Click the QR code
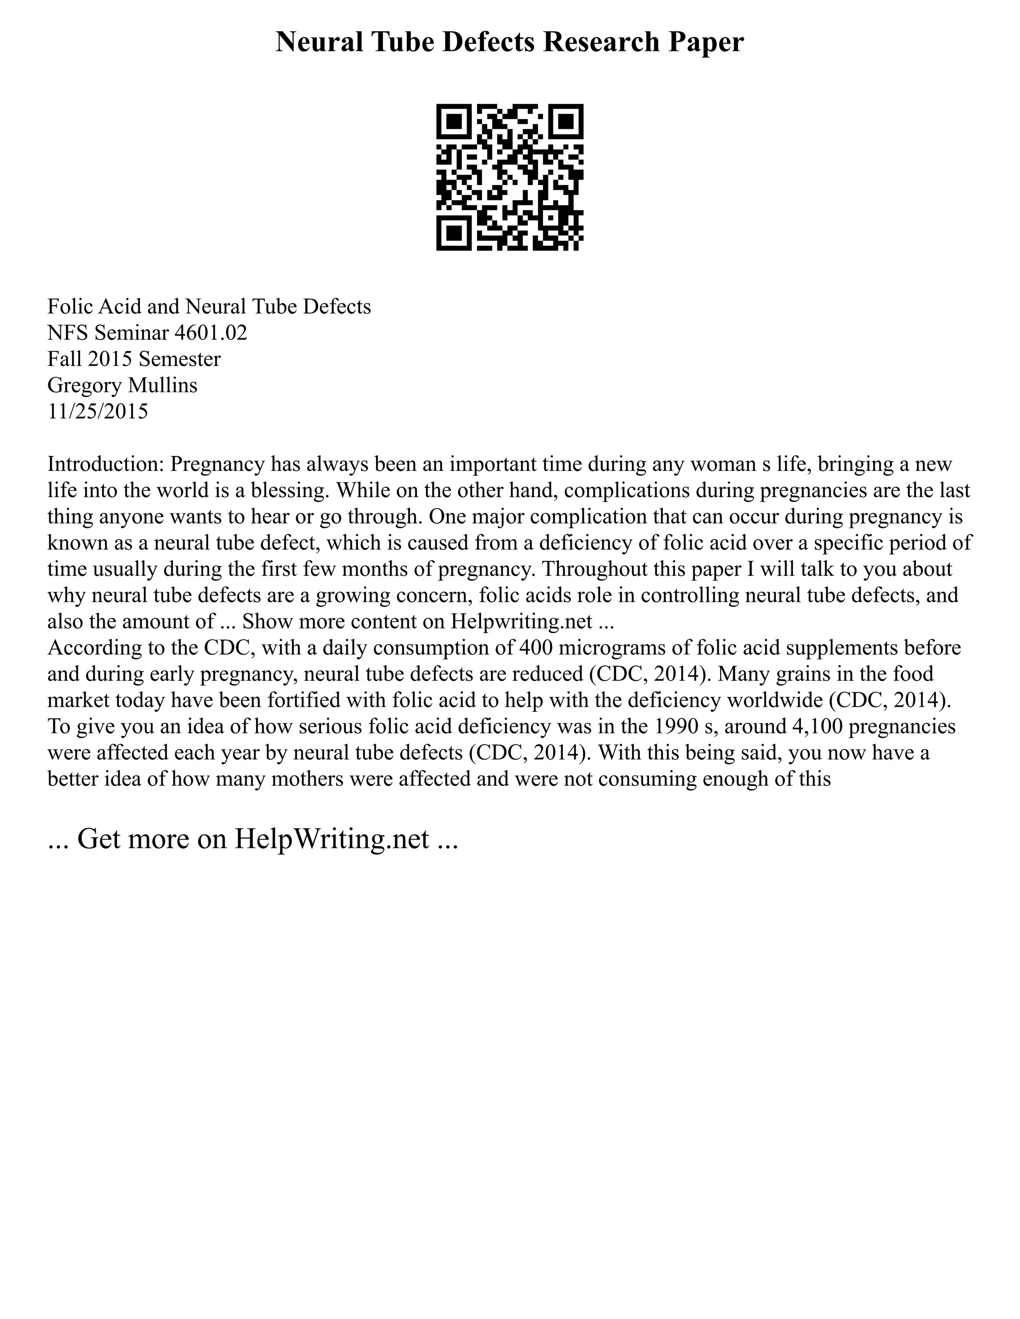(510, 177)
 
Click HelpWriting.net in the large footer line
(331, 838)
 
